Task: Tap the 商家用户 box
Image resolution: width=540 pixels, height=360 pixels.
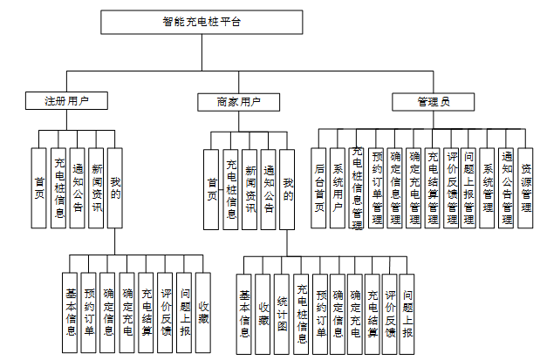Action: click(x=238, y=101)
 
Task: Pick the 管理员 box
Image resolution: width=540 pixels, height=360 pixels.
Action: click(x=433, y=101)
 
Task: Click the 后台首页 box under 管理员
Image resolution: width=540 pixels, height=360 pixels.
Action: click(x=320, y=188)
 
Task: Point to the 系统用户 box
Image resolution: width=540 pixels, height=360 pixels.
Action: click(x=338, y=188)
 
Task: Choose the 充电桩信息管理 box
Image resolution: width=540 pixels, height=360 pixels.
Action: click(x=357, y=188)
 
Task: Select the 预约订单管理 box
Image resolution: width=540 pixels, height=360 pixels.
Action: click(x=376, y=188)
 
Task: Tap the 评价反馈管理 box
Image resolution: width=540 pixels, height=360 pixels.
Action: click(x=451, y=188)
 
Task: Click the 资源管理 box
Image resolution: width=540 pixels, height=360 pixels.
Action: click(x=525, y=188)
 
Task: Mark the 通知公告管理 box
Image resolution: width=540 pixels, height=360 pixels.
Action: click(x=507, y=188)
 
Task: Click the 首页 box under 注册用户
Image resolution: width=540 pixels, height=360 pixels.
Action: click(x=38, y=188)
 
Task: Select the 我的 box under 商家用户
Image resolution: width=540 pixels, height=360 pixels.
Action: click(x=288, y=188)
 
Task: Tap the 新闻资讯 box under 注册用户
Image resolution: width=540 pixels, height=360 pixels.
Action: click(x=97, y=188)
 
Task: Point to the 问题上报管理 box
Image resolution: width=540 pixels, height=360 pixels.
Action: click(x=469, y=188)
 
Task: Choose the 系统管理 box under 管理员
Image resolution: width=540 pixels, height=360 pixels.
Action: click(x=488, y=188)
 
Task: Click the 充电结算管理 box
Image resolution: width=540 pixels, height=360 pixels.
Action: click(x=432, y=188)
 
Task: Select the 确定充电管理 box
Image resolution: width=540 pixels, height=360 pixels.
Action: click(x=414, y=188)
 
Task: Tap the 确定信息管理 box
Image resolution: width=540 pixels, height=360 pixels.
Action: click(x=394, y=188)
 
